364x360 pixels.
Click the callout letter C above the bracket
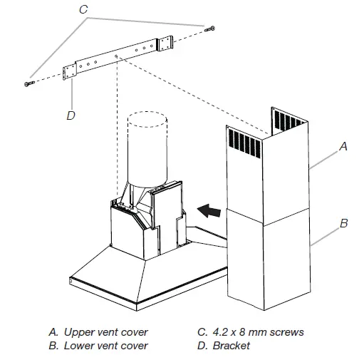click(x=83, y=9)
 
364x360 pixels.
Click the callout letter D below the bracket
click(x=71, y=115)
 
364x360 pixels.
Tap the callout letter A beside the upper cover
click(x=343, y=146)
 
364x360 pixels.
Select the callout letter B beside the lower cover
click(x=344, y=223)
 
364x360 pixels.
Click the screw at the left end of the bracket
click(x=29, y=83)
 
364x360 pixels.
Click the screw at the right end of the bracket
click(x=209, y=29)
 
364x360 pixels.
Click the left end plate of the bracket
click(x=70, y=73)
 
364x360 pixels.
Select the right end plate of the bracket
click(x=165, y=43)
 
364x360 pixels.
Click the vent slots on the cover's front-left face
click(x=244, y=143)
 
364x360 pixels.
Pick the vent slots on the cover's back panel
click(x=288, y=120)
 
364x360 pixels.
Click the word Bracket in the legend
click(x=231, y=346)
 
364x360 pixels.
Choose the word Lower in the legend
click(x=78, y=346)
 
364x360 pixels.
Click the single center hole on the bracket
click(x=116, y=56)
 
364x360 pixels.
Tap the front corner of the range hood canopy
click(x=137, y=307)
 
